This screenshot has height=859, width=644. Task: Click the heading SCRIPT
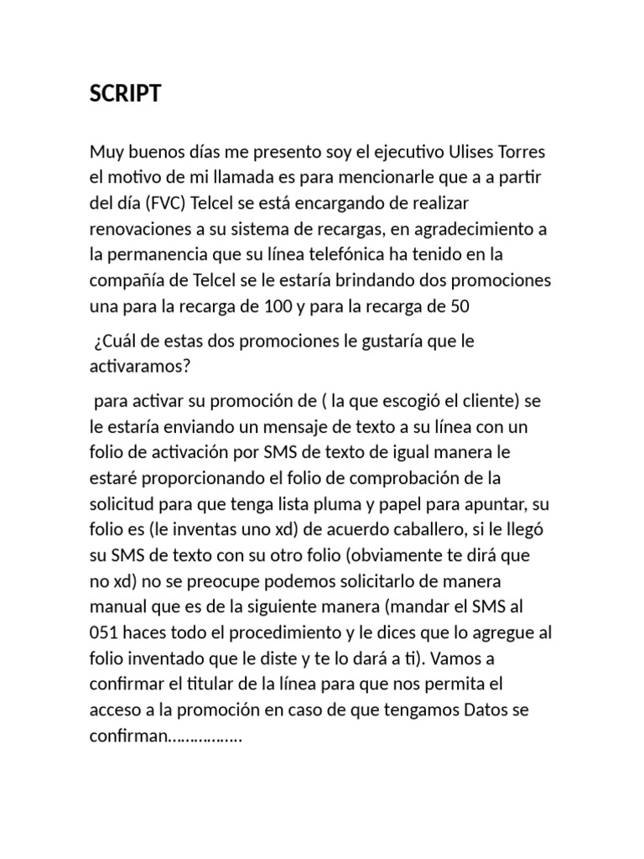click(125, 94)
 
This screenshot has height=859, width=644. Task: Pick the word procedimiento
click(290, 633)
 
